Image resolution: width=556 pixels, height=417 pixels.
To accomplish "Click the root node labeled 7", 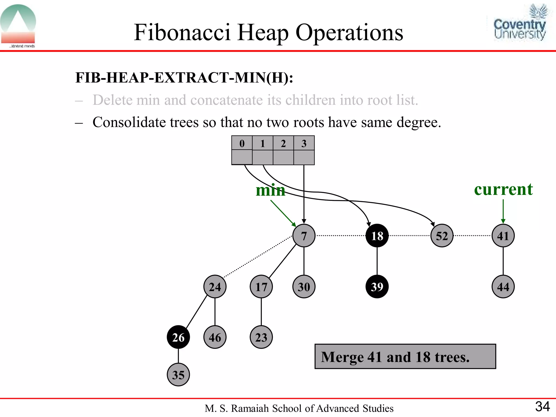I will pyautogui.click(x=304, y=236).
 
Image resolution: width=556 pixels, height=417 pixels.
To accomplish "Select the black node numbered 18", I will pyautogui.click(x=377, y=236).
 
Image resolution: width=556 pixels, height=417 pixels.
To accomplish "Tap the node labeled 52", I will pyautogui.click(x=442, y=236).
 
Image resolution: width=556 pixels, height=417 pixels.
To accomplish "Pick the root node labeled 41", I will pyautogui.click(x=503, y=236).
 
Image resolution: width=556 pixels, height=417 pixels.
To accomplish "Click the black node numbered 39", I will pyautogui.click(x=377, y=287).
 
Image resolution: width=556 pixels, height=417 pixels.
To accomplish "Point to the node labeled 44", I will pyautogui.click(x=503, y=287).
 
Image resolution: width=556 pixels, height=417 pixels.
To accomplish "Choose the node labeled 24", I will pyautogui.click(x=215, y=287).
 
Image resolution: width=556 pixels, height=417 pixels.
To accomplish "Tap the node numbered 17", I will pyautogui.click(x=261, y=287).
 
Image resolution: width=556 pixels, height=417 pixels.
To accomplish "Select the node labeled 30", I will pyautogui.click(x=304, y=287).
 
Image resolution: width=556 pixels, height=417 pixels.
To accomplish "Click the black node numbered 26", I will pyautogui.click(x=178, y=337).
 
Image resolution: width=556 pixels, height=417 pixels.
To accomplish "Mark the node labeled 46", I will pyautogui.click(x=215, y=337).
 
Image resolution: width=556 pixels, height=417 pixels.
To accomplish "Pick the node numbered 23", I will pyautogui.click(x=261, y=337).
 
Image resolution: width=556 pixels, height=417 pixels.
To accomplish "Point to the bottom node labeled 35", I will pyautogui.click(x=178, y=375).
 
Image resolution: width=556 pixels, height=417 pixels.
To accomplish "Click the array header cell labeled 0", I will pyautogui.click(x=242, y=143).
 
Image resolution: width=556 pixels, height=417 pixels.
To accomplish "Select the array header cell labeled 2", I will pyautogui.click(x=283, y=143).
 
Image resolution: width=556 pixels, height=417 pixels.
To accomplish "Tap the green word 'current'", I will pyautogui.click(x=503, y=189).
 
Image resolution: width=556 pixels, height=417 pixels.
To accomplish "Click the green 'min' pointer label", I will pyautogui.click(x=270, y=190).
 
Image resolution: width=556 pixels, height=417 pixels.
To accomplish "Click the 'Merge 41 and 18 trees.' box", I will pyautogui.click(x=405, y=356).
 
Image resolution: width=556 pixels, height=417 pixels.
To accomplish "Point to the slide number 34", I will pyautogui.click(x=542, y=406).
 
